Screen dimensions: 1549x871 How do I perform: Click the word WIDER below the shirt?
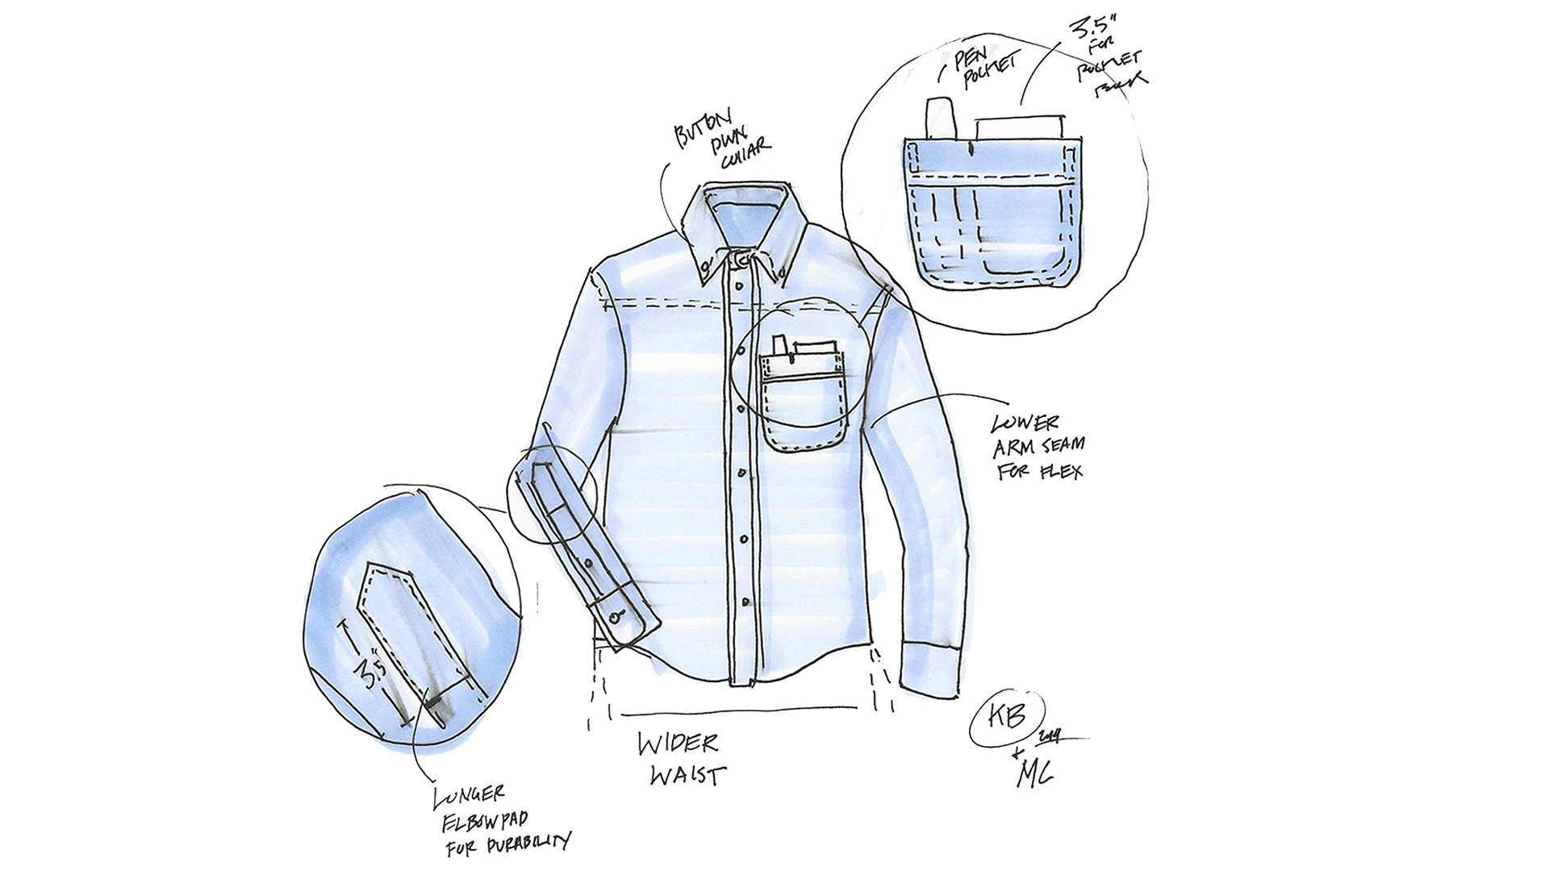(x=678, y=744)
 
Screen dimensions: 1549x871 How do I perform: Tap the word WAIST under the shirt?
(x=687, y=775)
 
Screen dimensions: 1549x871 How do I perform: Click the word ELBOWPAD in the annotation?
(x=484, y=822)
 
